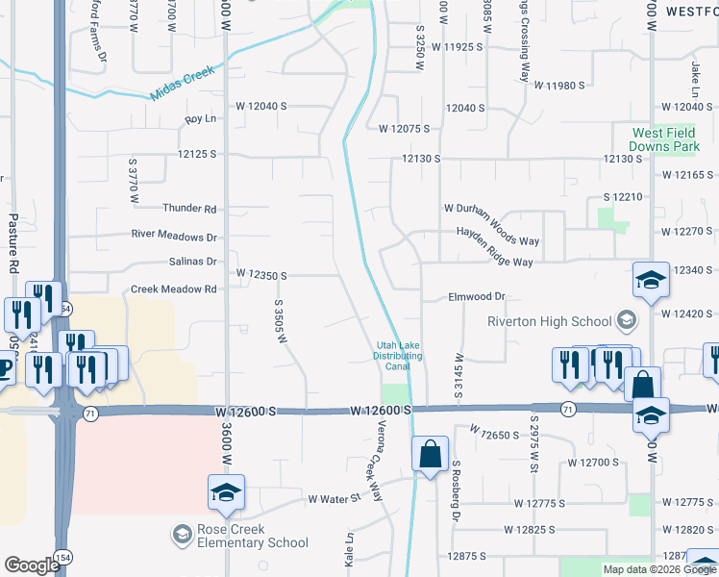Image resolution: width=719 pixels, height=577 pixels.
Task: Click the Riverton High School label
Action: [549, 321]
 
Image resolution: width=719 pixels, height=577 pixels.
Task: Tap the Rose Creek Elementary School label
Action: [239, 536]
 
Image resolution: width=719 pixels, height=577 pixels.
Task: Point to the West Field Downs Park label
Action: [664, 139]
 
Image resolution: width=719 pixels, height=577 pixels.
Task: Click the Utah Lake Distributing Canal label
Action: [398, 355]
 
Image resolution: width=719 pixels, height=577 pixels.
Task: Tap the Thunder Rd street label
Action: [190, 208]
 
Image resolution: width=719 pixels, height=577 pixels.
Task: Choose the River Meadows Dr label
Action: [175, 236]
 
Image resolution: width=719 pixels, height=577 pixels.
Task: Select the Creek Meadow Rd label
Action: [174, 288]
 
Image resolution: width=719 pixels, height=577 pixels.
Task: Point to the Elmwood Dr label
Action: [477, 298]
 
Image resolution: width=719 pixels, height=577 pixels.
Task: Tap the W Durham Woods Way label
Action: [490, 223]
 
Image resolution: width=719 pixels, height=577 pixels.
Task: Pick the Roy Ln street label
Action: [200, 119]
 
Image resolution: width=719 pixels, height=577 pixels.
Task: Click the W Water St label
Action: [333, 499]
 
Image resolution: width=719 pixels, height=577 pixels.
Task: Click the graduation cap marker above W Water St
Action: [227, 492]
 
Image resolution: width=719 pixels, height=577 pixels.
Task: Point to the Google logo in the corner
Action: [31, 565]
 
